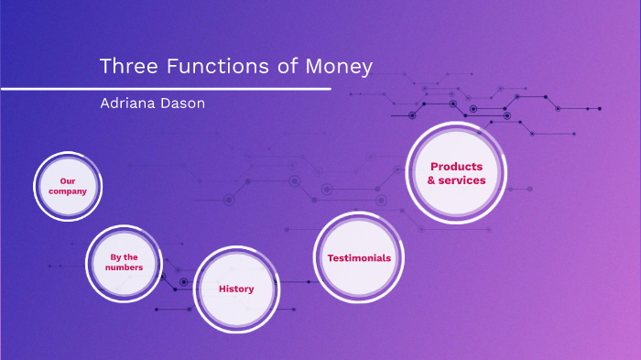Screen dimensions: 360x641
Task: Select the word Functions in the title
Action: point(208,67)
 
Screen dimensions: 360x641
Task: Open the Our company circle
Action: point(68,187)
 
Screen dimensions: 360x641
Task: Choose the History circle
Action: point(236,289)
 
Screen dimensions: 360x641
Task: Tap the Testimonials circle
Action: point(359,257)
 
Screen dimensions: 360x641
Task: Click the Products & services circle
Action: point(456,173)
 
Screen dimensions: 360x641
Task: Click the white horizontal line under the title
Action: point(165,89)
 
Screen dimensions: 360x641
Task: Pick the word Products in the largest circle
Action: point(456,167)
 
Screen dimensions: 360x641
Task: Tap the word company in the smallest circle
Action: point(68,191)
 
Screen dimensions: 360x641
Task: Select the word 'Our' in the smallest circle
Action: point(68,181)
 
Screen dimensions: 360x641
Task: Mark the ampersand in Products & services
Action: point(432,180)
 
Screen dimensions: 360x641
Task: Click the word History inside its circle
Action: point(236,289)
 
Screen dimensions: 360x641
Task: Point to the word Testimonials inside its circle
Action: point(359,258)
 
